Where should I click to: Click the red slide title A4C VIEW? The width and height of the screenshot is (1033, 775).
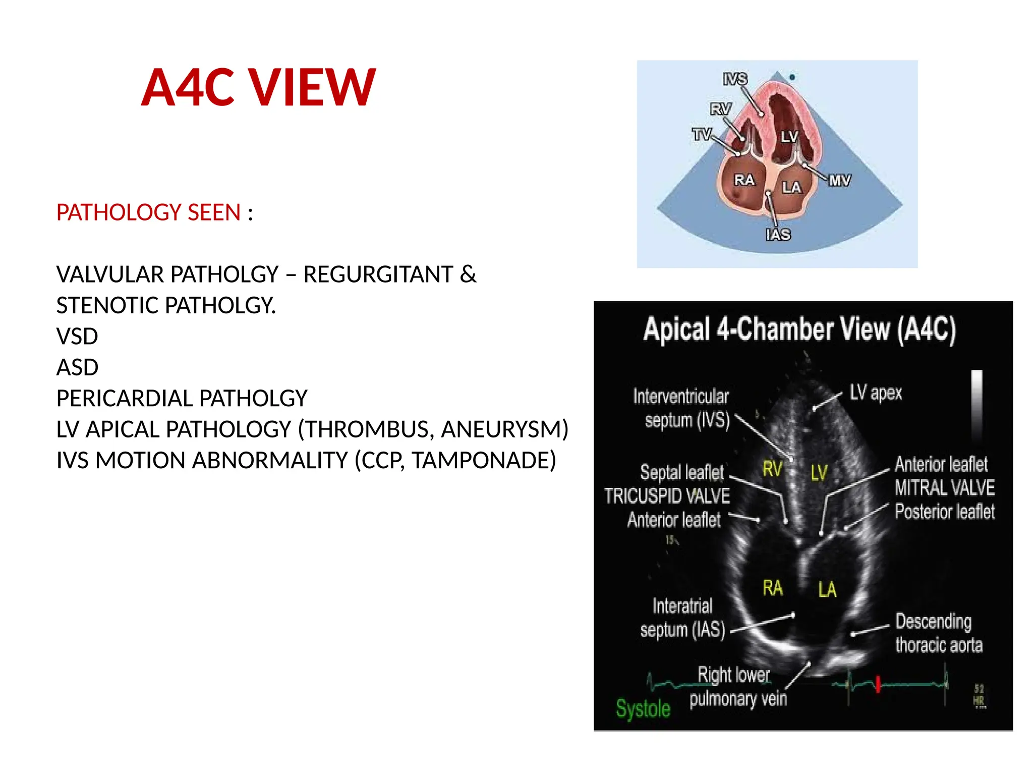[258, 88]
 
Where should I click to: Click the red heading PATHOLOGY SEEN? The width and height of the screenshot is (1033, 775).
[148, 212]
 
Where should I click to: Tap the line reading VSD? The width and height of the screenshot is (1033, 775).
[77, 337]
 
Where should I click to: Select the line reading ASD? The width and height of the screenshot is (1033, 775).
[77, 367]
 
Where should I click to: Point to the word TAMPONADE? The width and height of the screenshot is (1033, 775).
[483, 460]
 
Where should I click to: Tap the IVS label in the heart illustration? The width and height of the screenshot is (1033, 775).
[735, 79]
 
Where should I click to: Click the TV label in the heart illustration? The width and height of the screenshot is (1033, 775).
[702, 135]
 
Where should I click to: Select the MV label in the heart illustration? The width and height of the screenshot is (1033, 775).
[839, 181]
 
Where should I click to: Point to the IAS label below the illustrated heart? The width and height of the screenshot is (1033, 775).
[778, 235]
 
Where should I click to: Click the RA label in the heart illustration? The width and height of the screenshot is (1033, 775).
[744, 180]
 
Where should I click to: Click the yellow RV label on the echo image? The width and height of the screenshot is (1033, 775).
[772, 469]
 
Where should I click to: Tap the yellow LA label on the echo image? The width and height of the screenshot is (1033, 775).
[827, 589]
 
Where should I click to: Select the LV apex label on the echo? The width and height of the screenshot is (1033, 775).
[876, 393]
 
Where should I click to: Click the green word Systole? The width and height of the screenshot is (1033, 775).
[643, 708]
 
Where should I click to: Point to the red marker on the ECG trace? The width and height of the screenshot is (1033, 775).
[878, 684]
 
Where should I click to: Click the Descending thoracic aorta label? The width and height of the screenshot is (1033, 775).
[938, 633]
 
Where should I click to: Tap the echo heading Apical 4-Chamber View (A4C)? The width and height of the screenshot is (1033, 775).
[799, 330]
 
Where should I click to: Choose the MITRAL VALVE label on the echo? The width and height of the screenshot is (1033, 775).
[945, 488]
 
